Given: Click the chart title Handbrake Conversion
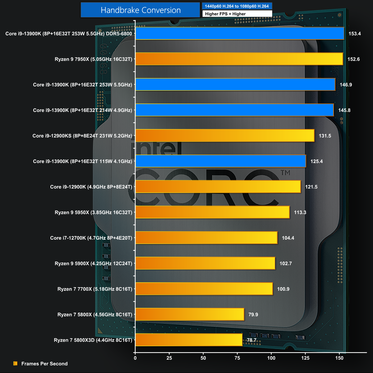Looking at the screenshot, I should (x=140, y=10).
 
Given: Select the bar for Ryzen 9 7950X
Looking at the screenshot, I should (x=239, y=59).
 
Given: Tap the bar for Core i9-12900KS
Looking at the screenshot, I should (x=225, y=136).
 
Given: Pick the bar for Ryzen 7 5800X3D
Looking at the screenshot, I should (x=189, y=340).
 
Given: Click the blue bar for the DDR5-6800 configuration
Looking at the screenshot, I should (x=240, y=34).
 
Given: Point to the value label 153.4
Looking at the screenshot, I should (x=355, y=34).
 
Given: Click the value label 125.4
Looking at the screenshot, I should (x=316, y=161).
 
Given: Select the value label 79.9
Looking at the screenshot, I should (x=253, y=315).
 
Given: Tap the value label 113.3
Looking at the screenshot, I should (x=300, y=212).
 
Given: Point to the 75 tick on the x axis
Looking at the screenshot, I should (x=237, y=358).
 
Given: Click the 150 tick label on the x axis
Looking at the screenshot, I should (x=339, y=358).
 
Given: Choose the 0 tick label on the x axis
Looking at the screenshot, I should (x=135, y=358).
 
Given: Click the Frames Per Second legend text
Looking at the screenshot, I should (x=44, y=364).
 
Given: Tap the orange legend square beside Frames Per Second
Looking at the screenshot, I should (x=16, y=363).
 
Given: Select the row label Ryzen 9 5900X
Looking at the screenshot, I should (x=93, y=264).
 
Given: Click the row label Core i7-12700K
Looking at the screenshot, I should (x=91, y=238).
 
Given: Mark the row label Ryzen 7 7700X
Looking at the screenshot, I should (x=95, y=289).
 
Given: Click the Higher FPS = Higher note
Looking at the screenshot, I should (x=225, y=14).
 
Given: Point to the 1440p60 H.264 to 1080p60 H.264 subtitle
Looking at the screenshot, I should (x=237, y=6).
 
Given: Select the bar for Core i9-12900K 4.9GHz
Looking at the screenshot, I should (x=218, y=187).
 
